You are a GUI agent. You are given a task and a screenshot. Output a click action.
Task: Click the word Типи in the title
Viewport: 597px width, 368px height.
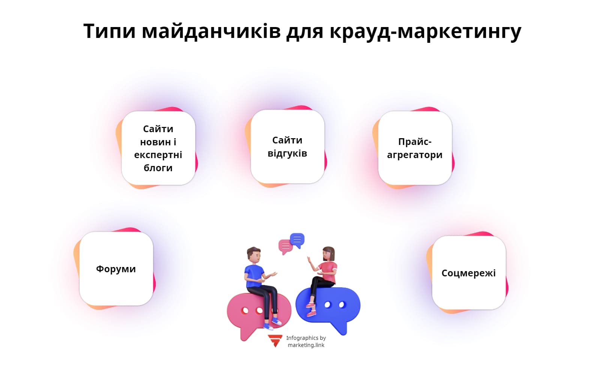[x=109, y=31]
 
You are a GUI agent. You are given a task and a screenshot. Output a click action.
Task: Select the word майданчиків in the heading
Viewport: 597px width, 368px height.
[x=211, y=31]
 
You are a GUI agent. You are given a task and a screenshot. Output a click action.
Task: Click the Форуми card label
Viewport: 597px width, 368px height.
[x=116, y=269]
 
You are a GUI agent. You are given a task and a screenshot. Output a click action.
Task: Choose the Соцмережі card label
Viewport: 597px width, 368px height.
[x=468, y=273]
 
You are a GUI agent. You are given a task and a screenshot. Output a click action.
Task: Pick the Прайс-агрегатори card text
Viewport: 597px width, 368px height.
[x=415, y=148]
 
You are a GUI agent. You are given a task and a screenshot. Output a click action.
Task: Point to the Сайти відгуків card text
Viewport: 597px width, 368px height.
[x=287, y=146]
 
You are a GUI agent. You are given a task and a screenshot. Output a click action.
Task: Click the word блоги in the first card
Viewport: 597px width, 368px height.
[x=158, y=168]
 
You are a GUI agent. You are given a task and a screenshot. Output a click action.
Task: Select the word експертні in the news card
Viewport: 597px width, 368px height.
[x=158, y=155]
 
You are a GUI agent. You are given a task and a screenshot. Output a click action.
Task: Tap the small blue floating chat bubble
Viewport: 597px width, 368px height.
[x=297, y=240]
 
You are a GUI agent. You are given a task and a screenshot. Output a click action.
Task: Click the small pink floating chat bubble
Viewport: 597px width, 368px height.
[x=285, y=246]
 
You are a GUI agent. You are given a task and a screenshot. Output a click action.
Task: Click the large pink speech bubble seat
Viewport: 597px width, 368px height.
[x=248, y=314]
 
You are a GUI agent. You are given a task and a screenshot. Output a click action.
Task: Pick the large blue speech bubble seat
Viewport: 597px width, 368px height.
[x=334, y=306]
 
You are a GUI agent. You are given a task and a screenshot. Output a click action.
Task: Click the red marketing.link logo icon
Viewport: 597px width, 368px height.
[x=275, y=340]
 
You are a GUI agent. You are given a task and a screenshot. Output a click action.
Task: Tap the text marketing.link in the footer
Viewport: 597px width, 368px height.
[x=306, y=345]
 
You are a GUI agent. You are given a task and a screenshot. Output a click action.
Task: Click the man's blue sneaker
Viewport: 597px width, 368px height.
[x=277, y=321]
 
